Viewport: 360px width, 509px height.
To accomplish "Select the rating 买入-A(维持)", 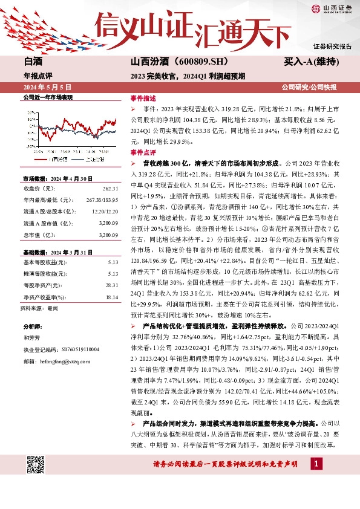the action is pos(310,62).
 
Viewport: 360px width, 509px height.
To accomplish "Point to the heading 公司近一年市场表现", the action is pos(47,97).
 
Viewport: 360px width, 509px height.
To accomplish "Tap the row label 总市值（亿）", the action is pos(39,235).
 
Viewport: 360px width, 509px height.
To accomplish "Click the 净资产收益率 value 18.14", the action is pos(111,297).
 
